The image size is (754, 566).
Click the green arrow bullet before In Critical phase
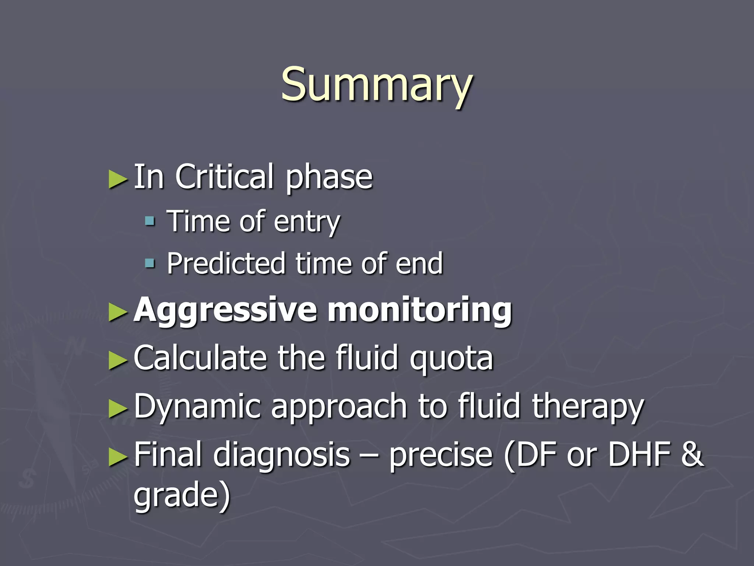118,179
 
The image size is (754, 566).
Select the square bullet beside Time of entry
150,221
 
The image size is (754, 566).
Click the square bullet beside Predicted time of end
150,263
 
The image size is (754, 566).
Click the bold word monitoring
420,310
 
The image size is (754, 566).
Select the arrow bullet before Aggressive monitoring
118,312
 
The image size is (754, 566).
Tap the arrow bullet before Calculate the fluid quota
118,360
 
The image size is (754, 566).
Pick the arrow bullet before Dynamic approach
118,409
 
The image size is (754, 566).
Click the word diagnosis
282,455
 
